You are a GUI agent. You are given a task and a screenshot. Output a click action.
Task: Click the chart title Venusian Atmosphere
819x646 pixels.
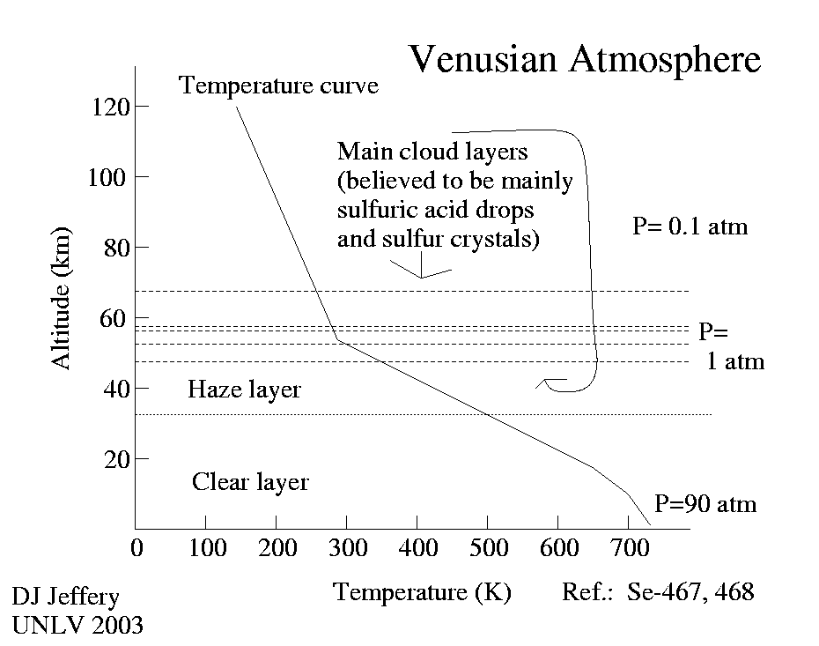point(584,60)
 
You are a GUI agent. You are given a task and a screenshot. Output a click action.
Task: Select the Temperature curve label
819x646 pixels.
point(278,85)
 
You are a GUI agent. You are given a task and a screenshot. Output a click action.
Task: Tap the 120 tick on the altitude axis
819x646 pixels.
point(109,107)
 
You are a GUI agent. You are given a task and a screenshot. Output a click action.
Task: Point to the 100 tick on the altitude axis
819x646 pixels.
point(109,177)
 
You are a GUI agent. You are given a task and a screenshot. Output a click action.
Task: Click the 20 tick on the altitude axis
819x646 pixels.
point(118,459)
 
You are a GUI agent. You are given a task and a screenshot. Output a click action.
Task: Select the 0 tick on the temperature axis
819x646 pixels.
point(136,547)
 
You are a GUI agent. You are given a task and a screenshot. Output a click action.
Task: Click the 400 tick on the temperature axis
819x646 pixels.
point(417,547)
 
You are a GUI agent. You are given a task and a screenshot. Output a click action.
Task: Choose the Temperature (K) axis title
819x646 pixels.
point(423,591)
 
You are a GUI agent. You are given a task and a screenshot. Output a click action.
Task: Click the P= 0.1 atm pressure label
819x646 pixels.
point(690,226)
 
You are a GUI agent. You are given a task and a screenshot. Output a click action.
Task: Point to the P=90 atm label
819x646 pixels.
point(705,505)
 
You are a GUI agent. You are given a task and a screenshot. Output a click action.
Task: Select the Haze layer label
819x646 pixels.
point(244,390)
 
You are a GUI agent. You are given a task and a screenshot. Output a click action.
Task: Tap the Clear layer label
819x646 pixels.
point(250,482)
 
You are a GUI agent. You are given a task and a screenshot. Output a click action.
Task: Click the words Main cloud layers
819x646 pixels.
point(432,152)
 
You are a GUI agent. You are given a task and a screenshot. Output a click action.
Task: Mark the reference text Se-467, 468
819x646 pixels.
point(690,591)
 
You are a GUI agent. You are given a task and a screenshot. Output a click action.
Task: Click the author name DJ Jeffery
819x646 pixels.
point(65,597)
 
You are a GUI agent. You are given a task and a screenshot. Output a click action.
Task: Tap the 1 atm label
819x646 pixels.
point(735,361)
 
